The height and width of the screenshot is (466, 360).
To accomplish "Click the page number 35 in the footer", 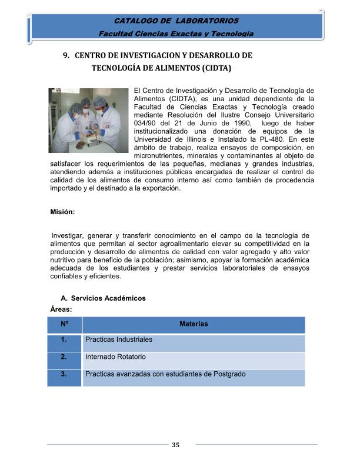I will [175, 445].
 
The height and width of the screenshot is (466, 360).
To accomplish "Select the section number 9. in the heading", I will [67, 55].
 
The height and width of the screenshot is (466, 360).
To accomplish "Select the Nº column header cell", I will [64, 324].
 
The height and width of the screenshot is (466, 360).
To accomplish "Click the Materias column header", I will [194, 324].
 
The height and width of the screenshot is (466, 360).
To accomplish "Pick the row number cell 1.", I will [64, 340].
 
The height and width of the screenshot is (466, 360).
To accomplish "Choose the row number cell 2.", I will [64, 357].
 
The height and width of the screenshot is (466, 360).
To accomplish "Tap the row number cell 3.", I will [64, 374].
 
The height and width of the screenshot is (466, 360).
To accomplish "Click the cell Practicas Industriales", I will [119, 340].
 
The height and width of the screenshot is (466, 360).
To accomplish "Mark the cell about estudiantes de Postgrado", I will [165, 374].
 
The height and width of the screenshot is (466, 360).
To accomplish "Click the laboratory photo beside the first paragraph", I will [88, 122].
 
